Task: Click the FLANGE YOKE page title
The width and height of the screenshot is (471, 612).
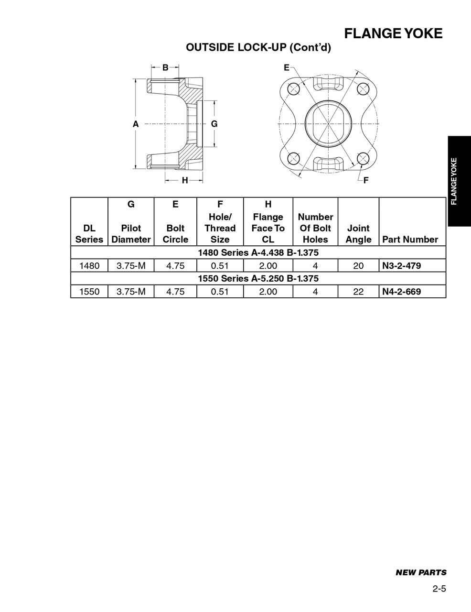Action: pyautogui.click(x=393, y=33)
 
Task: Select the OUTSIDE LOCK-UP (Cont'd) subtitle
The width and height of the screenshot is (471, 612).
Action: pyautogui.click(x=258, y=47)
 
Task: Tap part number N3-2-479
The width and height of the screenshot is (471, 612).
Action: pyautogui.click(x=401, y=266)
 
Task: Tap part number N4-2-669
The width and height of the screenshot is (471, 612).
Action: pyautogui.click(x=401, y=292)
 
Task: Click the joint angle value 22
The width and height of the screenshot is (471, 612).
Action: pyautogui.click(x=358, y=292)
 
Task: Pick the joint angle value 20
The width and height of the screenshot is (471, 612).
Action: pyautogui.click(x=358, y=266)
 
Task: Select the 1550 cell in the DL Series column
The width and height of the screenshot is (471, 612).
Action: pyautogui.click(x=89, y=292)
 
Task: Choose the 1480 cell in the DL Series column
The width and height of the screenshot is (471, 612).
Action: pyautogui.click(x=89, y=266)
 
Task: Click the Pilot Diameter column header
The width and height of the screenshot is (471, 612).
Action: pyautogui.click(x=131, y=234)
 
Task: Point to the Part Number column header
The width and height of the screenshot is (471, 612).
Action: pyautogui.click(x=410, y=240)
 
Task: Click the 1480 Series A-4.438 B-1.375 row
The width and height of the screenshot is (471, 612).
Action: pyautogui.click(x=258, y=252)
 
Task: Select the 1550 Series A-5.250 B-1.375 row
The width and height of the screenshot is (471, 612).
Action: pyautogui.click(x=258, y=278)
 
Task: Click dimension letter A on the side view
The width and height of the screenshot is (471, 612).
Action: pyautogui.click(x=136, y=124)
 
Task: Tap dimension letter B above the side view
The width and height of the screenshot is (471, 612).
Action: pyautogui.click(x=165, y=67)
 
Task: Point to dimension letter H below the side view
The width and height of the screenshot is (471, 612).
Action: pyautogui.click(x=184, y=180)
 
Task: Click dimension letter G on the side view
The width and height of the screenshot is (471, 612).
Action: pyautogui.click(x=214, y=124)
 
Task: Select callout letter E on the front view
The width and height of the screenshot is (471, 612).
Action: pyautogui.click(x=287, y=67)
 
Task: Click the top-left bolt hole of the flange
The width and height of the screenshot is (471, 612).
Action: pyautogui.click(x=293, y=88)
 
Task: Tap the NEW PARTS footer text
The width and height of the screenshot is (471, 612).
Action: pyautogui.click(x=421, y=572)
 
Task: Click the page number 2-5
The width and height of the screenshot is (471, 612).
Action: pyautogui.click(x=439, y=589)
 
